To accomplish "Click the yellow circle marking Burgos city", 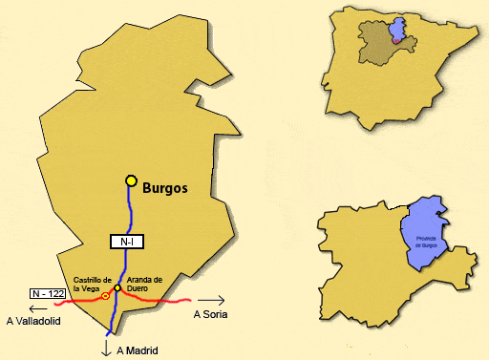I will point(132,180).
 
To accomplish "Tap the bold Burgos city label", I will point(165,189).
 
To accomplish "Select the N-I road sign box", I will point(127,243).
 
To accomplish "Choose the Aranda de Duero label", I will point(144,284).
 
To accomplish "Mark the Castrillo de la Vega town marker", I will point(105,296).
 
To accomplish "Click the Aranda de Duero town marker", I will point(117,288).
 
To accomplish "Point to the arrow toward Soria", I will point(210,299).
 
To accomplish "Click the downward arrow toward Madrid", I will point(105,348).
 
